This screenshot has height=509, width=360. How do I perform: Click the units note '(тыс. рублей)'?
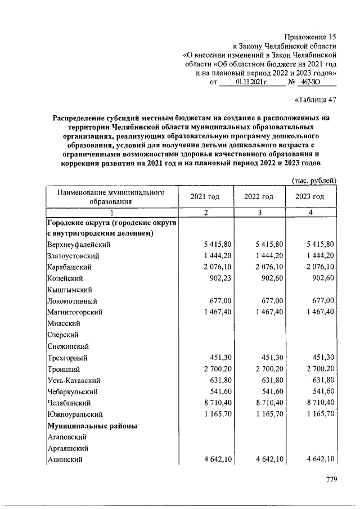(x=314, y=180)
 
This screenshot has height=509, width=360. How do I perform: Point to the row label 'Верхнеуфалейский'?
(x=79, y=244)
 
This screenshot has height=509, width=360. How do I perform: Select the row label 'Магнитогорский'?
(x=74, y=312)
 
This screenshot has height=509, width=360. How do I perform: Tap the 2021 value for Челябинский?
(x=216, y=403)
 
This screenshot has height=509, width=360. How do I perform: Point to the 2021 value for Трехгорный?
(x=220, y=357)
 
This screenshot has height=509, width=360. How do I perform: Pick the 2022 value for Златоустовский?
(x=269, y=255)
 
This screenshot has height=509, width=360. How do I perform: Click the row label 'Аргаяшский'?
(x=67, y=448)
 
